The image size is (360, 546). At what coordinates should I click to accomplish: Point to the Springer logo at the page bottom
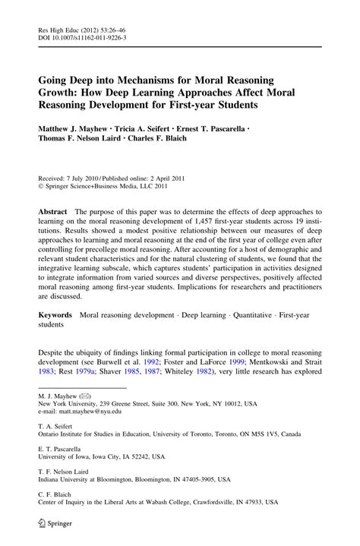(54, 525)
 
